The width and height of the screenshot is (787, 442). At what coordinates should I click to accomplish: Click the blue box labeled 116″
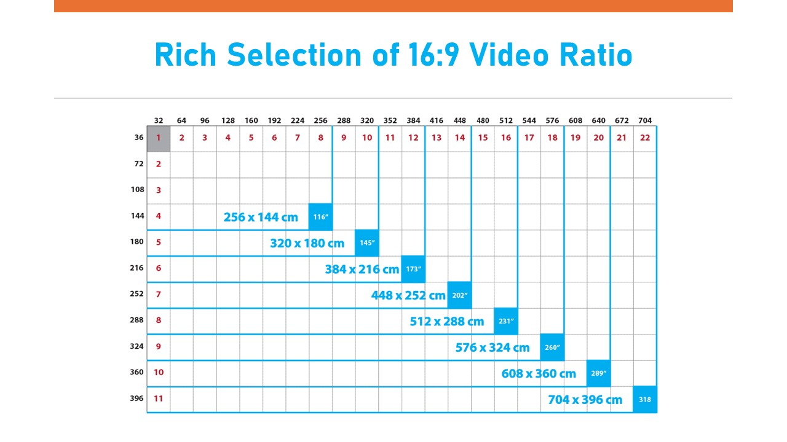click(x=320, y=217)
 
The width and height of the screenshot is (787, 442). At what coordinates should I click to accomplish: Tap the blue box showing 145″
click(x=367, y=242)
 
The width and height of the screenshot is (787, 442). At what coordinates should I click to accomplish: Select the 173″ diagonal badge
click(x=413, y=269)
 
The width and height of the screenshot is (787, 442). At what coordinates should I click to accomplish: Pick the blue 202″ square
click(x=460, y=295)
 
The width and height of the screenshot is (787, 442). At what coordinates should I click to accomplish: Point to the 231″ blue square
click(x=506, y=321)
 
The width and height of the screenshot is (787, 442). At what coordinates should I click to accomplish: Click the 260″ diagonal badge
click(x=552, y=347)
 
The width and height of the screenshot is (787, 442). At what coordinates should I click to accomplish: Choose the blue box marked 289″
click(x=599, y=373)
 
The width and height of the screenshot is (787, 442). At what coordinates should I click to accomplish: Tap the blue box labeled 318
click(x=645, y=400)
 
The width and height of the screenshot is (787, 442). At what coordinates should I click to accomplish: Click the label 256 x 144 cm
click(x=261, y=217)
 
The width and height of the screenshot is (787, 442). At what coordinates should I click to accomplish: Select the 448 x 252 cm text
click(x=408, y=295)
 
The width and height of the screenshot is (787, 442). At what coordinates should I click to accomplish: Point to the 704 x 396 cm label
click(x=585, y=400)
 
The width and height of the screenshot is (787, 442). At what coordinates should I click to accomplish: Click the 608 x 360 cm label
click(x=539, y=373)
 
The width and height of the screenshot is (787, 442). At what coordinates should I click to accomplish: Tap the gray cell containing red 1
click(x=159, y=138)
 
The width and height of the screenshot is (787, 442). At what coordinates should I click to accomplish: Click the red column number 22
click(x=645, y=138)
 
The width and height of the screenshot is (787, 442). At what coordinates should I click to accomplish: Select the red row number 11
click(x=159, y=398)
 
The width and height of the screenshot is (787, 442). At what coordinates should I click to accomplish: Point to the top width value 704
click(x=645, y=120)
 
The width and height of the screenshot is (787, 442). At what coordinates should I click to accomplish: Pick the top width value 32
click(x=159, y=120)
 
